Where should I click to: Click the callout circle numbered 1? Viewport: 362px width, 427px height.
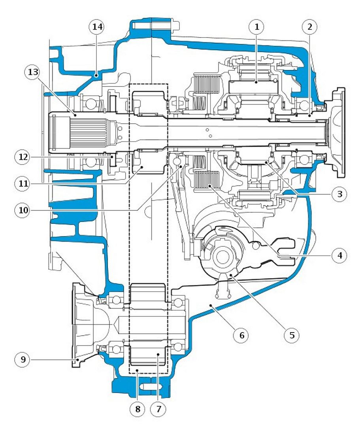pyautogui.click(x=257, y=27)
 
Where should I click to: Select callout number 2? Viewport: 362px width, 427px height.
pyautogui.click(x=309, y=27)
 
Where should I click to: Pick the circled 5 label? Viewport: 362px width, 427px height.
pyautogui.click(x=292, y=335)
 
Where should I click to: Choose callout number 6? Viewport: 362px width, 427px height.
pyautogui.click(x=241, y=335)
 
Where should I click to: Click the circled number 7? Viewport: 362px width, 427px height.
pyautogui.click(x=158, y=409)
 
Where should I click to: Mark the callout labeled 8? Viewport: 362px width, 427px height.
pyautogui.click(x=138, y=409)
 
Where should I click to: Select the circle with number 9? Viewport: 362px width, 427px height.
pyautogui.click(x=23, y=360)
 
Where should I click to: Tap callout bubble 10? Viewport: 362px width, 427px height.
pyautogui.click(x=23, y=210)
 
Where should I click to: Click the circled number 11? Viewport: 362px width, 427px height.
pyautogui.click(x=23, y=183)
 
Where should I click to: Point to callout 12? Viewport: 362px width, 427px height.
pyautogui.click(x=23, y=157)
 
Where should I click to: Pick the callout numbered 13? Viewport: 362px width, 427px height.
pyautogui.click(x=32, y=73)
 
